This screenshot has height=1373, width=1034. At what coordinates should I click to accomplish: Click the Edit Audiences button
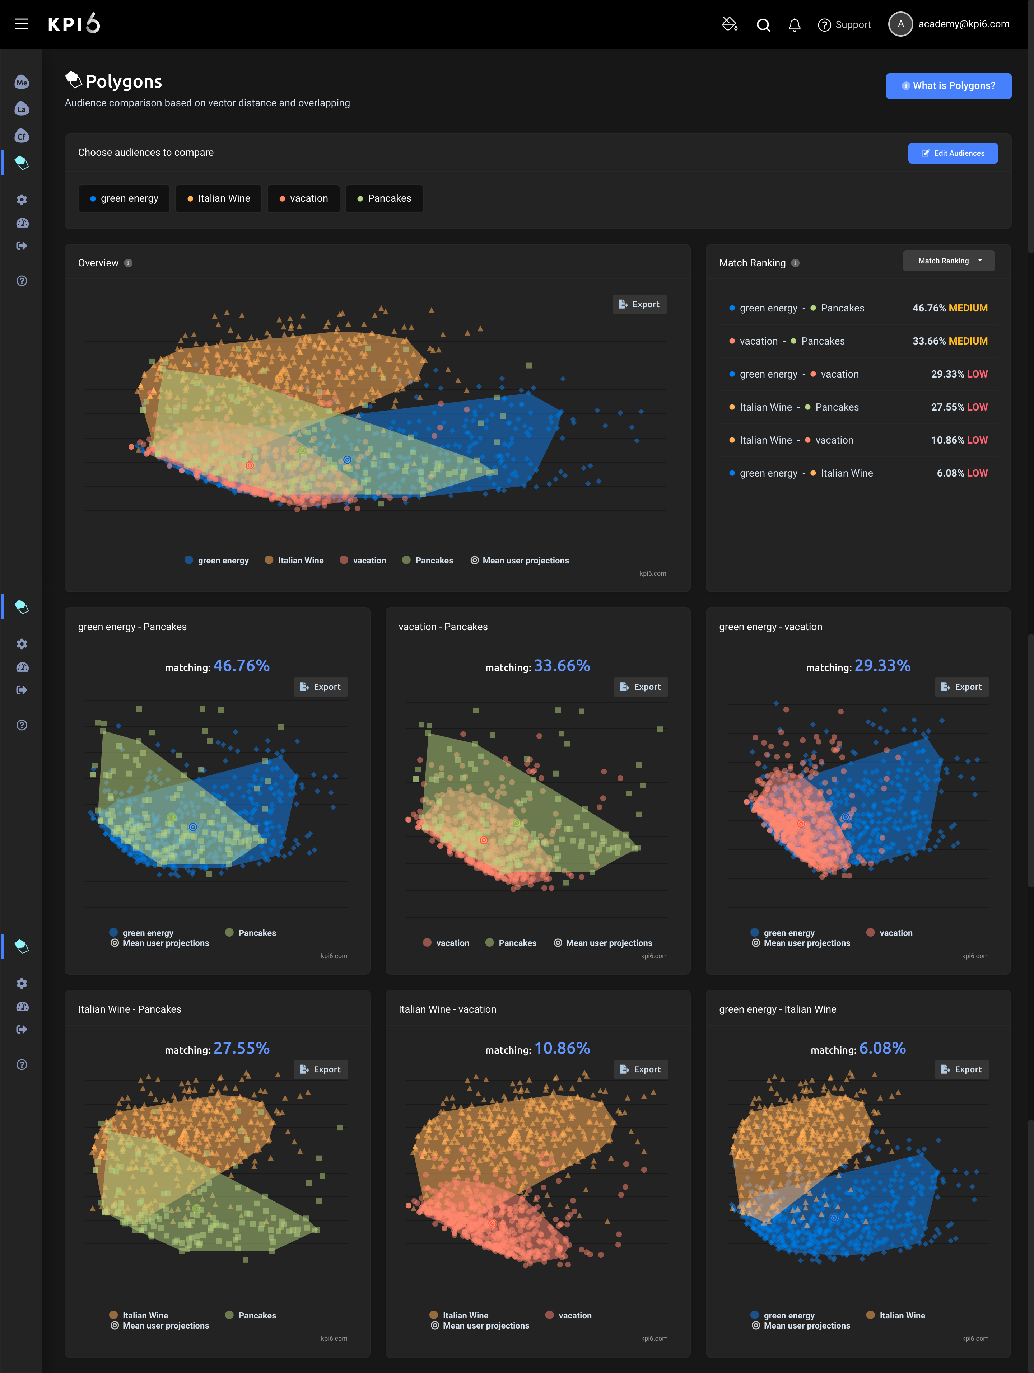tap(952, 153)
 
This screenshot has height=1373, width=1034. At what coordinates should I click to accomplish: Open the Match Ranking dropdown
tap(948, 261)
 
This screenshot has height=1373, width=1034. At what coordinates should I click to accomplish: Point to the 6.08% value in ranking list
tap(950, 473)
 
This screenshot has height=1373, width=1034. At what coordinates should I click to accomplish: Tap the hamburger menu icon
tap(21, 24)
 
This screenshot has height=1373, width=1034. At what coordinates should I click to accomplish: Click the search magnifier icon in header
tap(763, 25)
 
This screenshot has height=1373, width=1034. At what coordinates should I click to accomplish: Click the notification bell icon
tap(794, 25)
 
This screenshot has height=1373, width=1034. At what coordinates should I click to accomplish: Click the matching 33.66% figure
tap(562, 666)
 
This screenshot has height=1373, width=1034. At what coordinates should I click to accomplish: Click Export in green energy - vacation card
tap(961, 686)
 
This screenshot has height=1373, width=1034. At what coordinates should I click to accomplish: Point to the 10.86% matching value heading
tap(562, 1048)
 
